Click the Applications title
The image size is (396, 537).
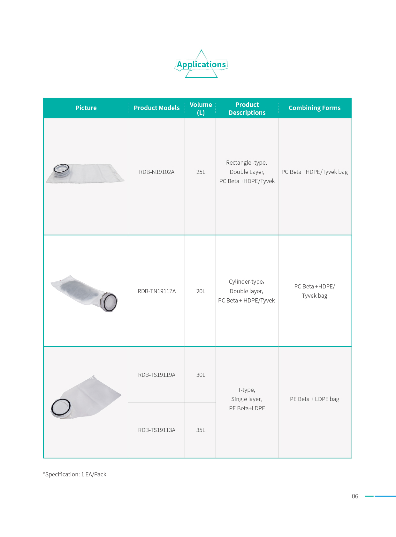tap(201, 64)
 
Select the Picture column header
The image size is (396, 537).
tap(86, 108)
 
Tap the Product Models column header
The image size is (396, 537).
tap(156, 108)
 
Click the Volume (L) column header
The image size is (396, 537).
tap(201, 108)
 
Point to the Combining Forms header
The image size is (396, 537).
tap(315, 108)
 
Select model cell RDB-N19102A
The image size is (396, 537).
tap(156, 172)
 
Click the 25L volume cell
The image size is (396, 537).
tap(201, 172)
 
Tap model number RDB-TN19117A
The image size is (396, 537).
tap(156, 291)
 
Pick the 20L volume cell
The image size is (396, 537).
tap(201, 291)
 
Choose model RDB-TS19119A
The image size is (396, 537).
tap(156, 375)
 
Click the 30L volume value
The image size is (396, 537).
tap(201, 375)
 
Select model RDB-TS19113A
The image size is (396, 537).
tap(156, 430)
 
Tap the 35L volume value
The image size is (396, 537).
tap(201, 430)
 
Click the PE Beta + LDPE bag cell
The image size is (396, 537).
tap(315, 399)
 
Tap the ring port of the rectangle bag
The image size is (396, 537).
tap(61, 170)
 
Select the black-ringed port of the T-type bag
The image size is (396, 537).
tap(61, 408)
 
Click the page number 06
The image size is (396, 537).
tap(355, 496)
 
